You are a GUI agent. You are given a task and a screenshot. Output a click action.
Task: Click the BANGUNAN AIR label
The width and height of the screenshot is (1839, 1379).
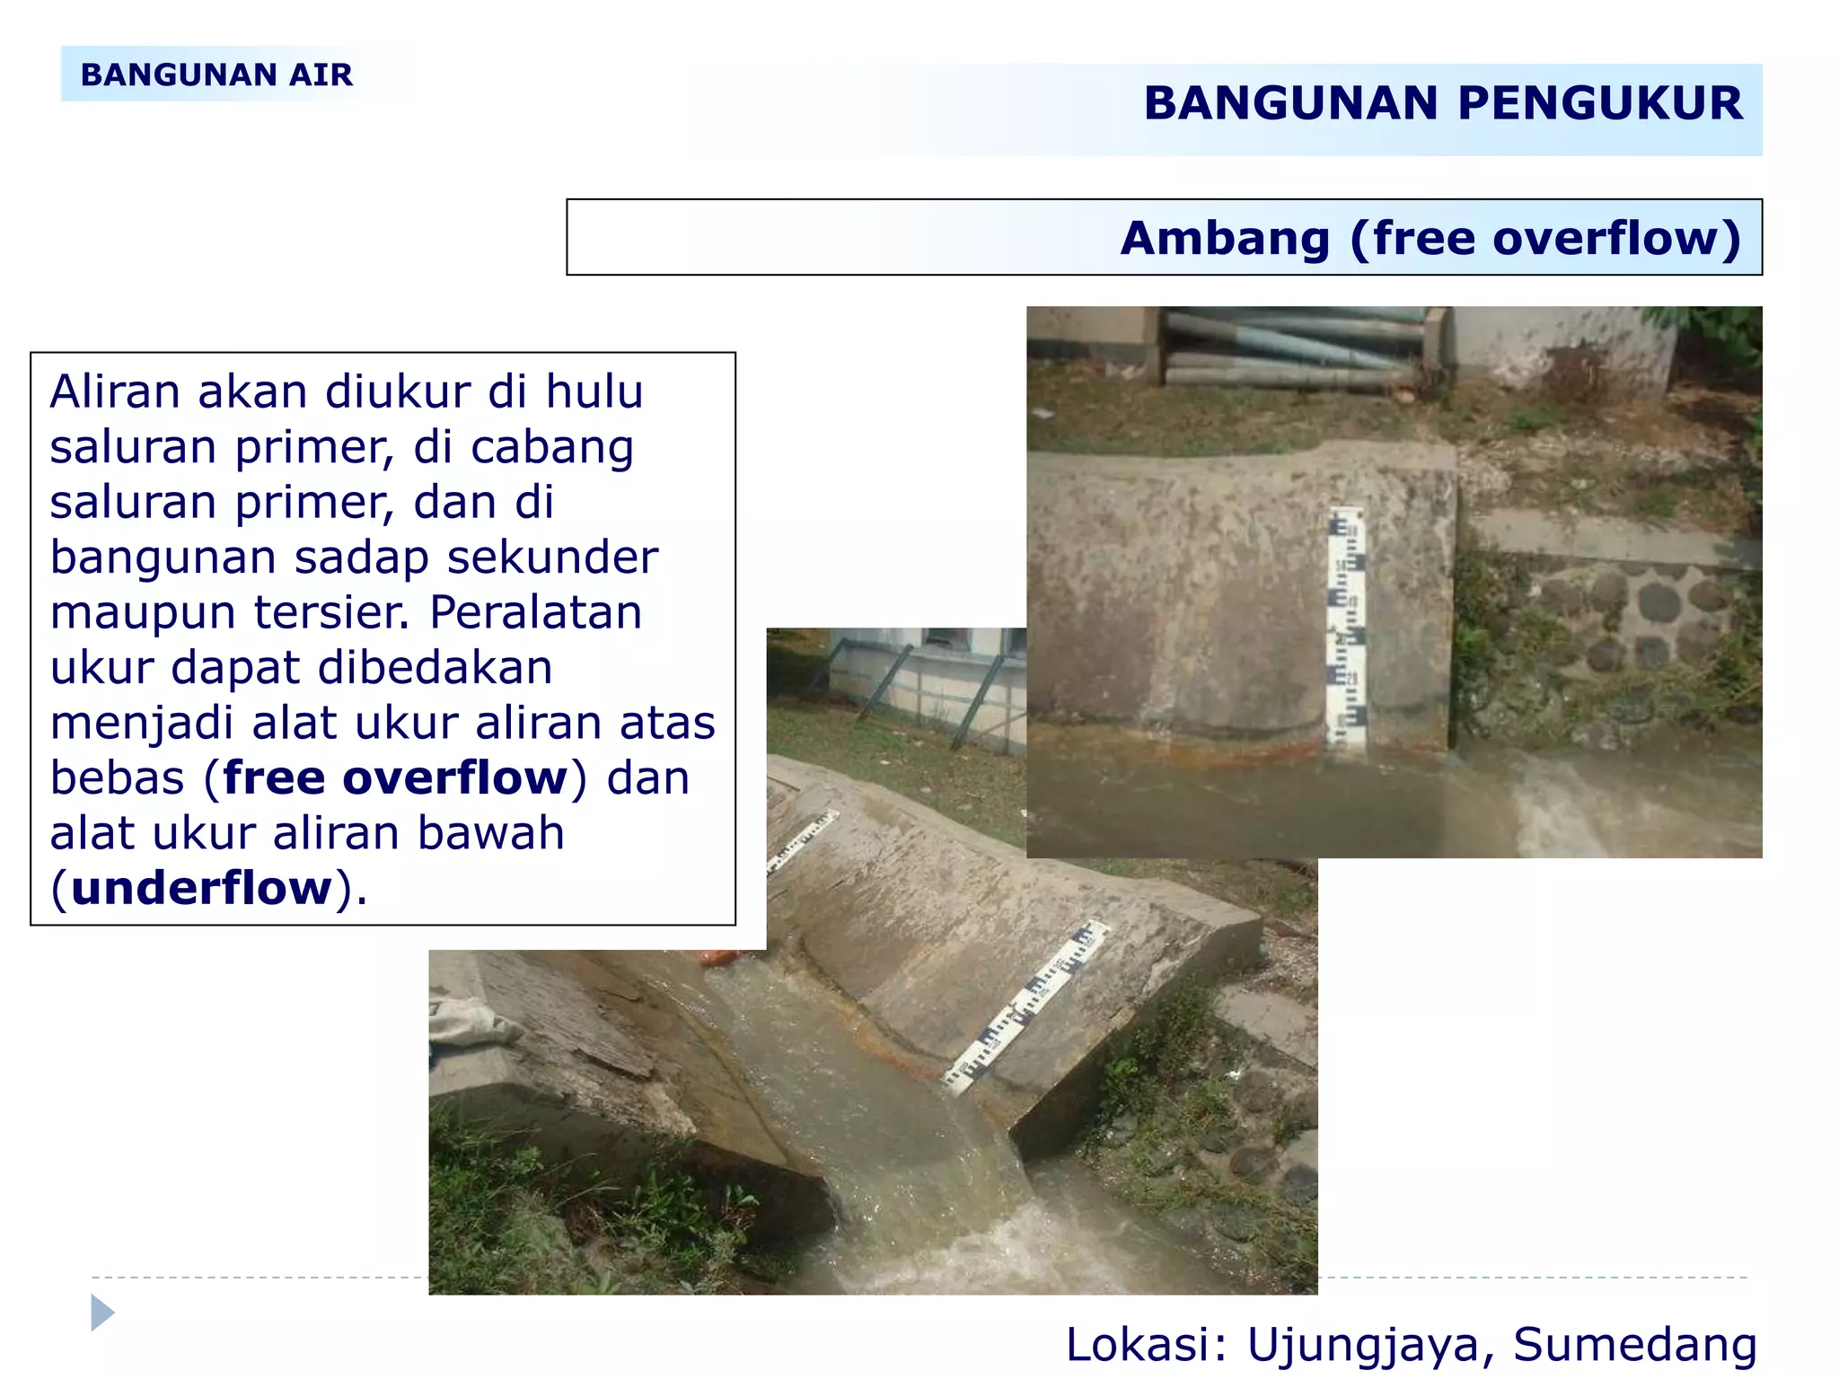point(216,75)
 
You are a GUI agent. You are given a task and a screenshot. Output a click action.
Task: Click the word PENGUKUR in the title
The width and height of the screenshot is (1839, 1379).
point(1599,103)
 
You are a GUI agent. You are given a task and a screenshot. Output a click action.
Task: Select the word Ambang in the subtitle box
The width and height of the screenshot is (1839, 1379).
point(1224,239)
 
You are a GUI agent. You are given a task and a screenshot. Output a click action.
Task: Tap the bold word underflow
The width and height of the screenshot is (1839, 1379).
point(202,888)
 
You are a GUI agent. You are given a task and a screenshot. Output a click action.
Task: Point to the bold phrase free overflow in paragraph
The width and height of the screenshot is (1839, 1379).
point(395,777)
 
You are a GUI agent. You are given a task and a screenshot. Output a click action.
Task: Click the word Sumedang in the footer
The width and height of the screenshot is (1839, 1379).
point(1634,1344)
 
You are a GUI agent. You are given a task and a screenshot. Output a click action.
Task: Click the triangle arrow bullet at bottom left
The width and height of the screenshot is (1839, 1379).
point(102,1313)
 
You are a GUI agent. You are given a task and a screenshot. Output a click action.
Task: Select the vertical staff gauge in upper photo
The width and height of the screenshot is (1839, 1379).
point(1347,628)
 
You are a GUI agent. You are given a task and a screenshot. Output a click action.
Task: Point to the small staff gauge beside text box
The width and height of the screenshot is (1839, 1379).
point(802,840)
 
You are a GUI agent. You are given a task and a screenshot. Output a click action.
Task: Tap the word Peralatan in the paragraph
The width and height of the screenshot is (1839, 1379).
point(535,612)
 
